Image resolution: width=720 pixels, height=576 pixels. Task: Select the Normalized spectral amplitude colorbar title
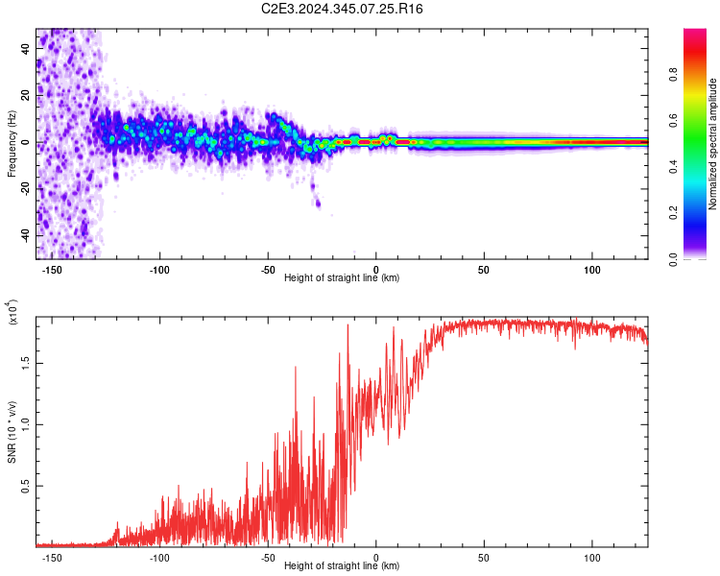713,144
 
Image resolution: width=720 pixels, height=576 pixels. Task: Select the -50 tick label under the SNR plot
268,556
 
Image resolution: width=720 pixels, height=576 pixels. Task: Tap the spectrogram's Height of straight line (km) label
342,278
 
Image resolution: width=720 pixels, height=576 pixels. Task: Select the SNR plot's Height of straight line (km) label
342,566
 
